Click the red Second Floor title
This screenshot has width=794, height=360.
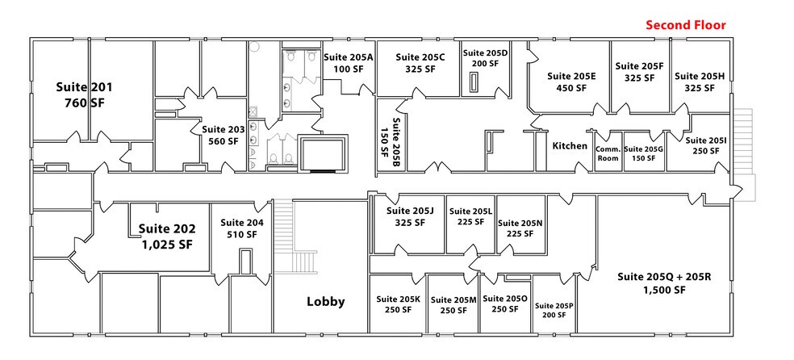pos(685,26)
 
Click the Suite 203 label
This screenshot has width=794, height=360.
pos(220,134)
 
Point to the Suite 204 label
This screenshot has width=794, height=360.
pos(241,228)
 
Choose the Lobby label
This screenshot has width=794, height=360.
pos(325,302)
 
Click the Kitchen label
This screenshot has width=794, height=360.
pos(570,146)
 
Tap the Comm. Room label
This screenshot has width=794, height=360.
pos(607,153)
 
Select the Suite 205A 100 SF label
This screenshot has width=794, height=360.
pos(349,63)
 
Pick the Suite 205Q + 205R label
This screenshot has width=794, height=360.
pos(663,283)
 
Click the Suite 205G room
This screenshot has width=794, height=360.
pos(642,153)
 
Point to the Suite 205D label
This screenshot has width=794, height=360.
pos(485,58)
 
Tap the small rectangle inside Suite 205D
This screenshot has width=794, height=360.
pos(474,82)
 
